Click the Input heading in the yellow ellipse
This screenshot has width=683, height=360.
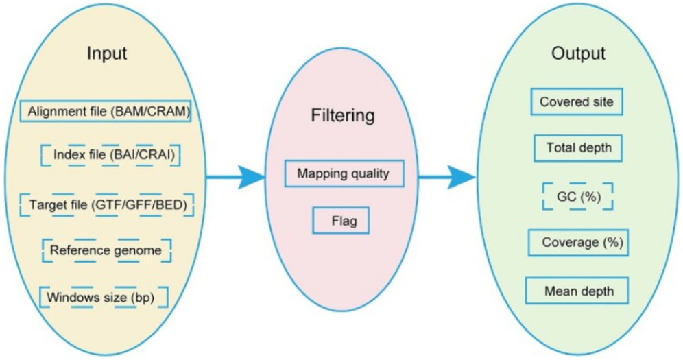(x=107, y=53)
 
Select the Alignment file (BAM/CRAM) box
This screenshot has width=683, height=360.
(x=106, y=111)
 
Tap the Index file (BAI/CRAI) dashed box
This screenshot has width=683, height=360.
(x=109, y=155)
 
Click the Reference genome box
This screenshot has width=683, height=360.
(x=106, y=250)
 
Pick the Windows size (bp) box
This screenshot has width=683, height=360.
(x=103, y=298)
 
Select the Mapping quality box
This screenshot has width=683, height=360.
(x=343, y=173)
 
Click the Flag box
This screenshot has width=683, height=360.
(x=341, y=221)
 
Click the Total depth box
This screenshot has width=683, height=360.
(x=578, y=147)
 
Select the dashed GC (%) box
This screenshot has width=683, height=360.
(x=577, y=195)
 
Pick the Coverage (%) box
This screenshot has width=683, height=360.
(x=578, y=243)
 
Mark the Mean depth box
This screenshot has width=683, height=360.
(x=578, y=291)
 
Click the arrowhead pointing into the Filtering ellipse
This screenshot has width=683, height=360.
(x=254, y=178)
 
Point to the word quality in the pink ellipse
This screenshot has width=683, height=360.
(x=370, y=173)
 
